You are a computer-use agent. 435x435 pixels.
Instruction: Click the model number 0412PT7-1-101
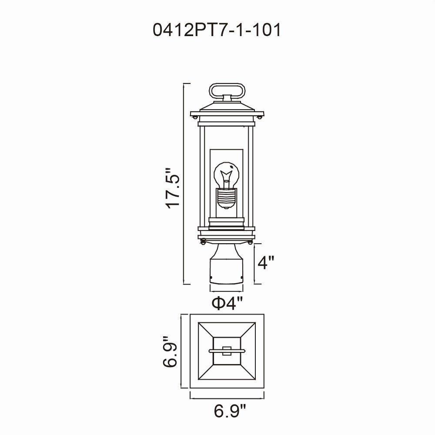coord(217,30)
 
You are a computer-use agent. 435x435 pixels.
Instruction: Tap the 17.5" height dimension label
coord(173,188)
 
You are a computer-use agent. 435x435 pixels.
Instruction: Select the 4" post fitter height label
coord(266,262)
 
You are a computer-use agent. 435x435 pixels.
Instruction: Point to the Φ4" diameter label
coord(227,304)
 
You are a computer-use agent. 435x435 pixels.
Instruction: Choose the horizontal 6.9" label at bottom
coord(230,419)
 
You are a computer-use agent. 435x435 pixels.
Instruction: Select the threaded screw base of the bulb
coord(226,198)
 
